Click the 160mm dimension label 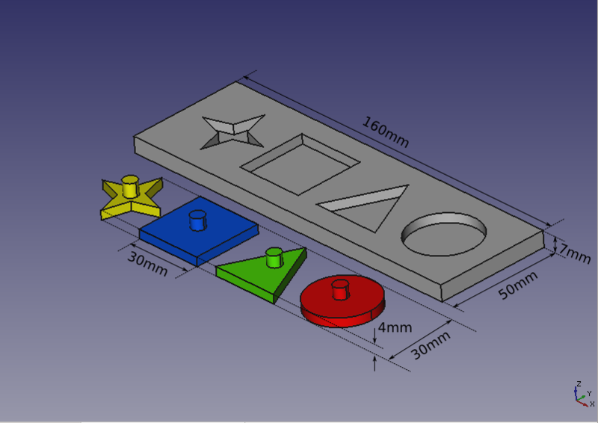(x=385, y=132)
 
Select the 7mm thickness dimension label (x=575, y=253)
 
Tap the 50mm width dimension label (x=518, y=285)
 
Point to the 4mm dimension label (x=395, y=327)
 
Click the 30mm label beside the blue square (x=147, y=264)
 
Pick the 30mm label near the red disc (x=431, y=345)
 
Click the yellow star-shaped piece (x=132, y=198)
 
